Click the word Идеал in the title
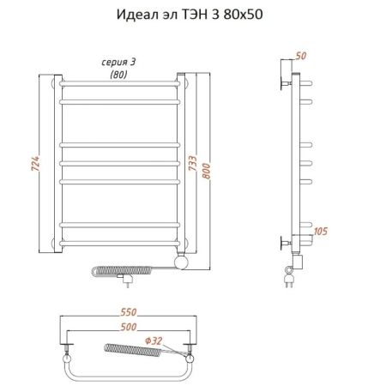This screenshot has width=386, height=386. pyautogui.click(x=130, y=15)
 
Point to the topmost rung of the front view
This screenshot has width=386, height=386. pyautogui.click(x=118, y=83)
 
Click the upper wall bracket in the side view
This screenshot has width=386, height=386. pyautogui.click(x=284, y=83)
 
